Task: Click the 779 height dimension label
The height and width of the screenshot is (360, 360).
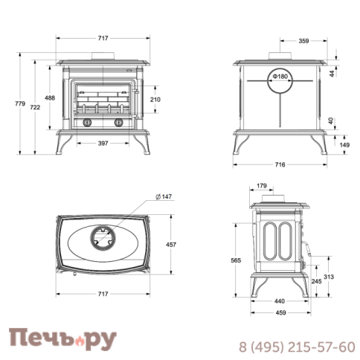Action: (20, 103)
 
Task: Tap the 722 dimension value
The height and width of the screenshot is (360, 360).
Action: (35, 107)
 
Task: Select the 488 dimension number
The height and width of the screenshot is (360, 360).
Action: (50, 98)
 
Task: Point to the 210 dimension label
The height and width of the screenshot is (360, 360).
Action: (155, 100)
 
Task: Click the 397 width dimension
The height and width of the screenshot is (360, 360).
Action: (103, 144)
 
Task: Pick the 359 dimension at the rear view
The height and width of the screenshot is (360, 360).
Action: (303, 41)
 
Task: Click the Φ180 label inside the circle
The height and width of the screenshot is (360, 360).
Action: (280, 76)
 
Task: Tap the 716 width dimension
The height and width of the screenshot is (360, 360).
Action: (280, 164)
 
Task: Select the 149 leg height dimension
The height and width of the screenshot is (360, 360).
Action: (344, 145)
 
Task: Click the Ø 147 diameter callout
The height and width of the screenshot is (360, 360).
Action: (164, 196)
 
